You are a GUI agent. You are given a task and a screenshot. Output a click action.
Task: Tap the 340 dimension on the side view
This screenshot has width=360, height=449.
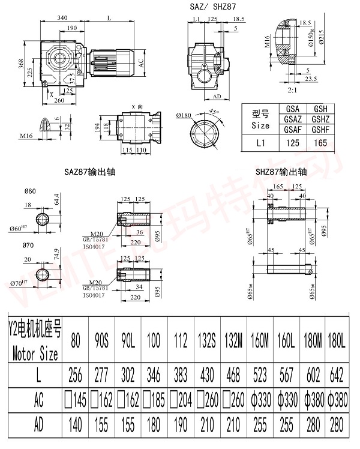(x=62, y=19)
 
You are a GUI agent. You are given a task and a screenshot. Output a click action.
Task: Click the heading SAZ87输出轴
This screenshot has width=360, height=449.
(x=90, y=172)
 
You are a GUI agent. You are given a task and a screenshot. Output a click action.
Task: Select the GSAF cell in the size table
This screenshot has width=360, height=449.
(x=293, y=130)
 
